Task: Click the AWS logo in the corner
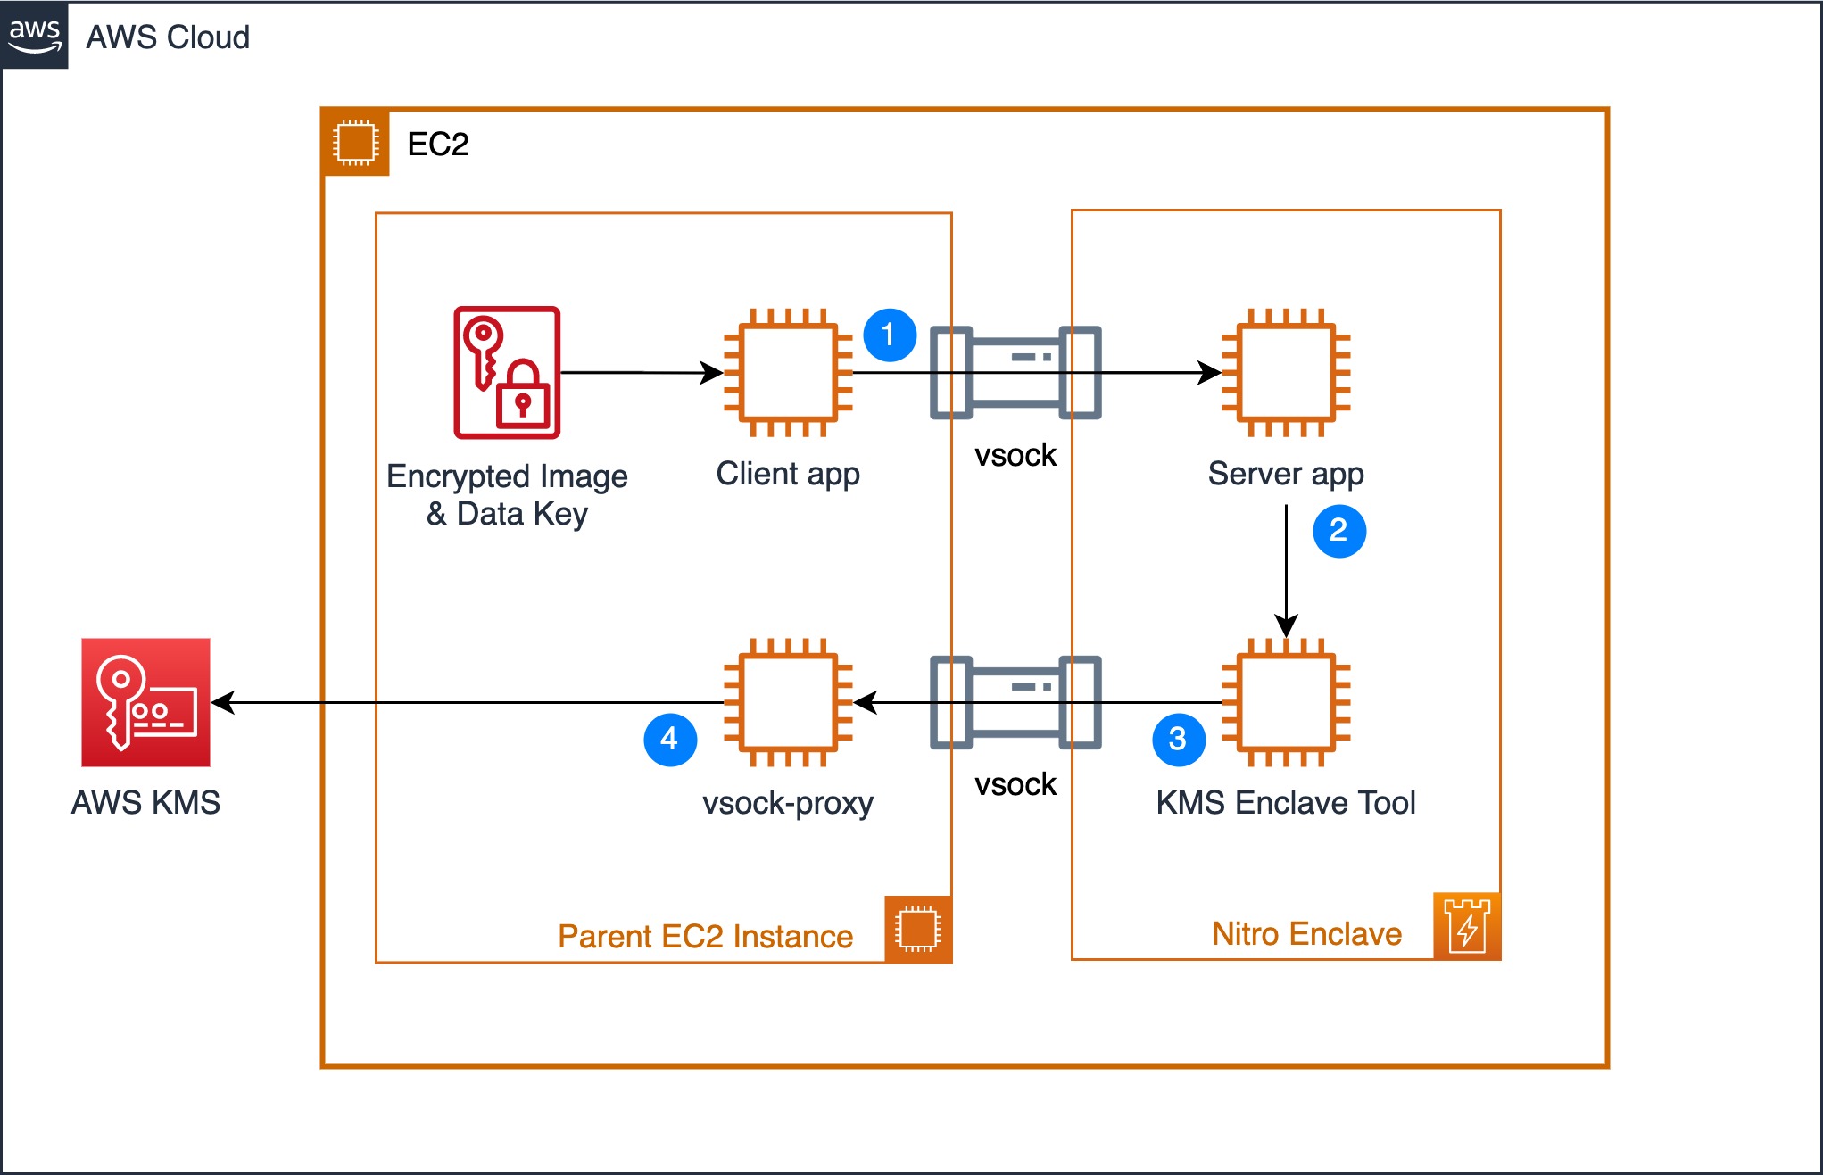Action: coord(35,35)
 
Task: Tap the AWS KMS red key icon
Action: coord(145,702)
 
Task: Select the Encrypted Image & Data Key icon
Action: coord(507,372)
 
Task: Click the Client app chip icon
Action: coord(788,372)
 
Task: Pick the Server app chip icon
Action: coord(1286,372)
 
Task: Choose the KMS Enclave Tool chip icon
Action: coord(1286,702)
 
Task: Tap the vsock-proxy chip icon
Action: coord(788,702)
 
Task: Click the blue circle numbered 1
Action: coord(890,335)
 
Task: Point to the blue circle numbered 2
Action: coord(1339,531)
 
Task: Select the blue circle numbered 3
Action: coord(1179,740)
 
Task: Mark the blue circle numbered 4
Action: coord(670,740)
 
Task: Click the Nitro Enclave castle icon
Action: coord(1467,927)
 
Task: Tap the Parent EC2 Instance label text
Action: coord(705,936)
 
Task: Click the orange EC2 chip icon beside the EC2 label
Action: coord(356,142)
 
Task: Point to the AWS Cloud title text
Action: coord(168,37)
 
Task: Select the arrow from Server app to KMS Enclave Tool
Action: coord(1286,571)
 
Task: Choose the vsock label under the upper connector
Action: coord(1015,455)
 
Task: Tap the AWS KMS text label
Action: coord(145,802)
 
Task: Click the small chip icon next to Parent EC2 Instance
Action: coord(918,929)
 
